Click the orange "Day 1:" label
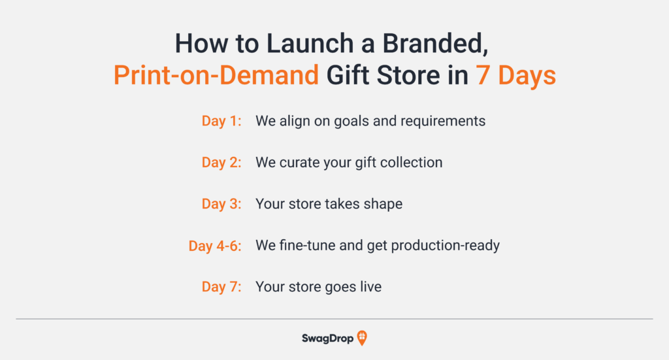point(221,121)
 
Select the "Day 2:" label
point(221,162)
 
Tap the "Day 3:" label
point(221,204)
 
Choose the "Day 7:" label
point(221,287)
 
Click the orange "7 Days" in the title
point(515,76)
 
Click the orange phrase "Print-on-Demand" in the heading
point(216,76)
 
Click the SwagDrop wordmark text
point(327,338)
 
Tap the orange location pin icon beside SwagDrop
point(362,338)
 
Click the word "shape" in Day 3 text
point(383,204)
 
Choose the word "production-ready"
point(442,246)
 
